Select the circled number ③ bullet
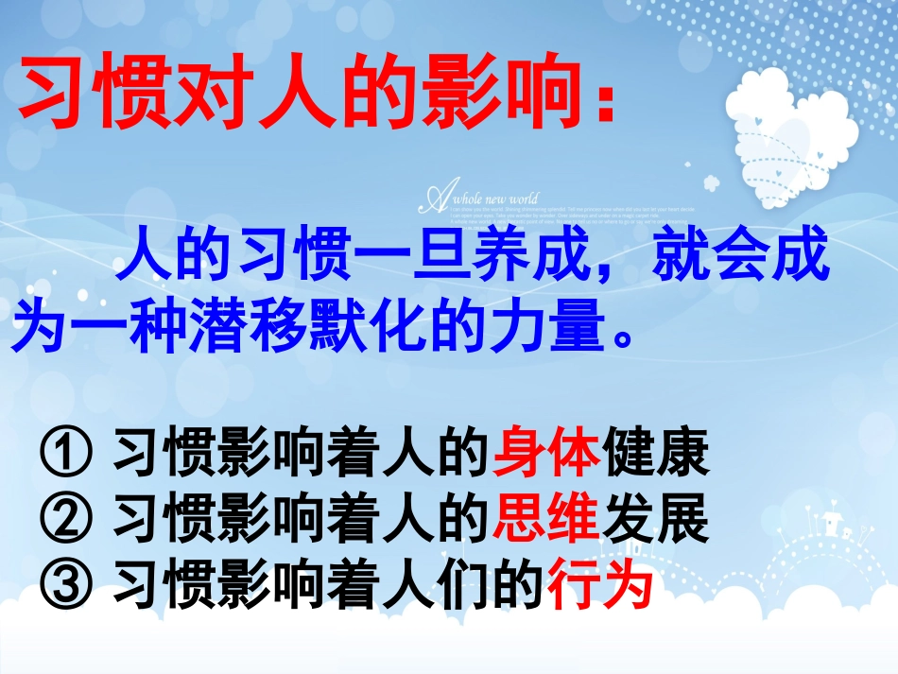(x=64, y=585)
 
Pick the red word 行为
(x=601, y=585)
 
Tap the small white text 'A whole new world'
(x=482, y=199)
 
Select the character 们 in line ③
(x=440, y=585)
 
